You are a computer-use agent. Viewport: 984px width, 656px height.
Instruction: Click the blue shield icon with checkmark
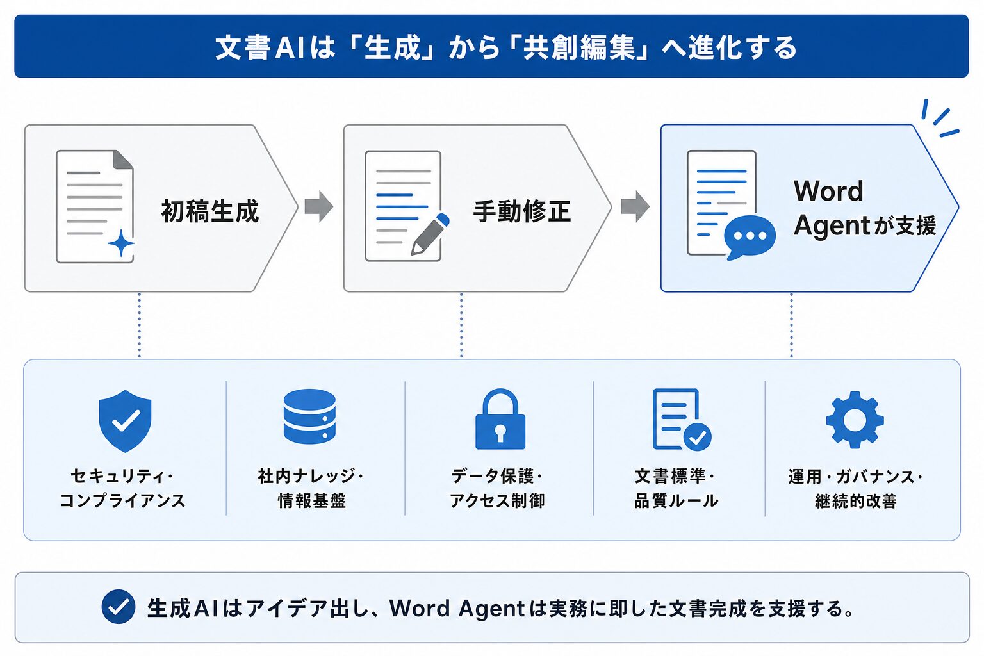tap(125, 420)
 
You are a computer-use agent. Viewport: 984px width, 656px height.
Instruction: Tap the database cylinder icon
tap(309, 416)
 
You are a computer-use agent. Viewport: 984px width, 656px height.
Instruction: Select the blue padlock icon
tap(500, 419)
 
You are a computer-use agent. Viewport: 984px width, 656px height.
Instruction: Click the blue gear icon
tap(855, 419)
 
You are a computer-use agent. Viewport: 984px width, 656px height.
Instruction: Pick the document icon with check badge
tap(682, 420)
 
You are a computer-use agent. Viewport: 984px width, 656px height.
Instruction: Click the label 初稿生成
tap(210, 211)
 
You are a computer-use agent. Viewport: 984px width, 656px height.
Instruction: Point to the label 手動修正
tap(522, 211)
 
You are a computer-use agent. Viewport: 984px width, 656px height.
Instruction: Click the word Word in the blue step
tap(828, 191)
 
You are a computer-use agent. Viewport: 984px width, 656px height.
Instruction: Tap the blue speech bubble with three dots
tap(750, 237)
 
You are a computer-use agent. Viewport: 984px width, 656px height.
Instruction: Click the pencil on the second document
tap(430, 234)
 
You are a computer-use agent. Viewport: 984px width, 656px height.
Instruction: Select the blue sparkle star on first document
tap(121, 243)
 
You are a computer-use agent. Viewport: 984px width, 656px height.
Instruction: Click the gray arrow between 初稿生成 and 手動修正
tap(319, 206)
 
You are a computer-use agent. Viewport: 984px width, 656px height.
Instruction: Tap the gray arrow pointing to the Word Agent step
tap(635, 206)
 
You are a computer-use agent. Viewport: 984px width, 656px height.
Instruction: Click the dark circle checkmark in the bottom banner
tap(118, 607)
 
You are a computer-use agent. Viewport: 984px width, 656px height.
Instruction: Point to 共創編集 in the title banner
tap(579, 47)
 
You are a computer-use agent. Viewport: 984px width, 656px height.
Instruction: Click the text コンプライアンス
tap(122, 500)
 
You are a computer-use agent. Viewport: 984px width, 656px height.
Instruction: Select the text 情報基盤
tap(312, 500)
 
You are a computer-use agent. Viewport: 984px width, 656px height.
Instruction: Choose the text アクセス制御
tap(497, 500)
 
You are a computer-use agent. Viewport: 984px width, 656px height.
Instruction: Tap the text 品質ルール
tap(676, 500)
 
